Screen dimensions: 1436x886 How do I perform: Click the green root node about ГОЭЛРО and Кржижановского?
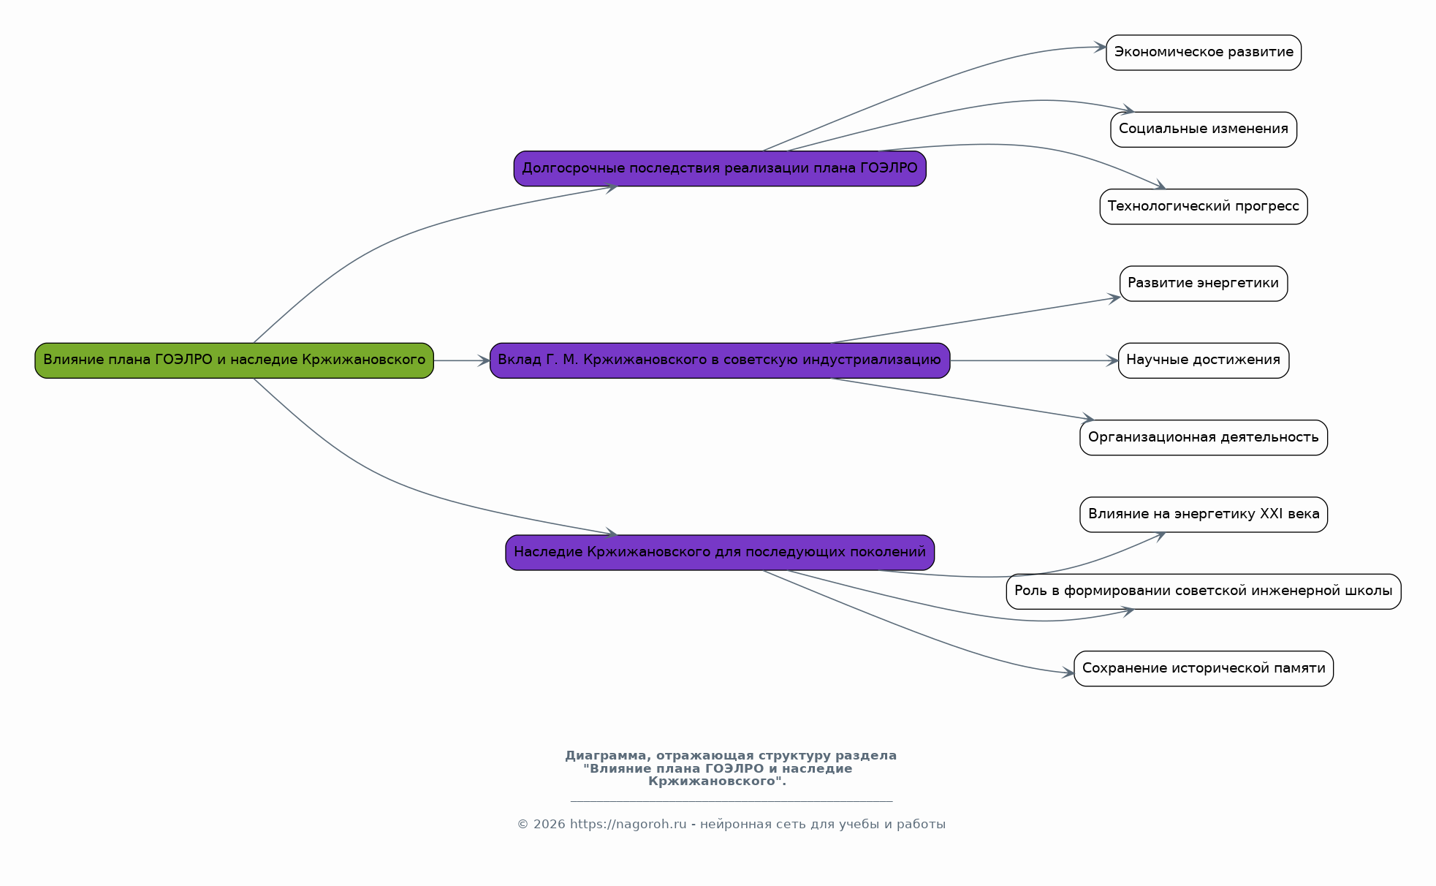[234, 360]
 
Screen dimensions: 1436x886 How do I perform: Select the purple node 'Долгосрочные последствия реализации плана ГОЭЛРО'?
[720, 169]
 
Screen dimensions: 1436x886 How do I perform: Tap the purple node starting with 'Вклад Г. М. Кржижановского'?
[720, 360]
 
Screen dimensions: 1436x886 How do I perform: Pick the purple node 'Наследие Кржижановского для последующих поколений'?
[720, 553]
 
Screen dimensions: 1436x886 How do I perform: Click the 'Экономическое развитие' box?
[1204, 53]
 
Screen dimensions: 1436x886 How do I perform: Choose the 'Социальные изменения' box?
[1204, 129]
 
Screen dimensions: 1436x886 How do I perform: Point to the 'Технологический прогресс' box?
[1204, 207]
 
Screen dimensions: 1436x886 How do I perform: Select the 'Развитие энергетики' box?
[1204, 284]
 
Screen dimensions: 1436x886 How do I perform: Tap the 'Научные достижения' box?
[1204, 360]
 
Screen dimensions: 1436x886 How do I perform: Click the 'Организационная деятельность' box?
[1204, 438]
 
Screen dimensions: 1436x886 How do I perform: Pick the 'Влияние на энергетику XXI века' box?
[1204, 515]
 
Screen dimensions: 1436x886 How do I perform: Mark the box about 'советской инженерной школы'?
[1204, 591]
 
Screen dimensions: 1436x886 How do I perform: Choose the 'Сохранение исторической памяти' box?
[1204, 669]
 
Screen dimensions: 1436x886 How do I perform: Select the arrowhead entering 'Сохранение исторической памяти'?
[1068, 673]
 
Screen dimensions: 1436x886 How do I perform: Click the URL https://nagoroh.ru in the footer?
[628, 825]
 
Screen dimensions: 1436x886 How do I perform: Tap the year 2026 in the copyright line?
[549, 825]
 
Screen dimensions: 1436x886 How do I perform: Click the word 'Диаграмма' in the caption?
[607, 756]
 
